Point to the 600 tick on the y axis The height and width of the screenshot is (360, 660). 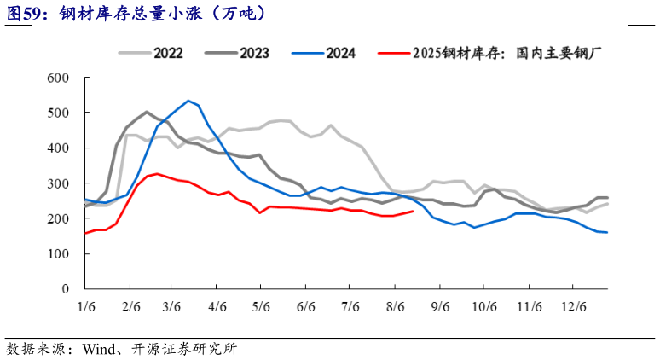[x=57, y=78]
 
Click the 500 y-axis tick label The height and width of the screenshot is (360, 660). [x=57, y=113]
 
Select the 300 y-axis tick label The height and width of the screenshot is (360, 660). [x=57, y=183]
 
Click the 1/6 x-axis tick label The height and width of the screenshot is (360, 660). [x=85, y=305]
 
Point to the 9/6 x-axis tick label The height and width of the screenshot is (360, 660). [x=439, y=305]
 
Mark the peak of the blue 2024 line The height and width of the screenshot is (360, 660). [x=188, y=101]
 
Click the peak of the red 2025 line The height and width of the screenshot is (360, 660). [x=157, y=173]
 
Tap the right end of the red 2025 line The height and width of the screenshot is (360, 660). [x=414, y=211]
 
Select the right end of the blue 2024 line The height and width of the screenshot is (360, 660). [x=607, y=232]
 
